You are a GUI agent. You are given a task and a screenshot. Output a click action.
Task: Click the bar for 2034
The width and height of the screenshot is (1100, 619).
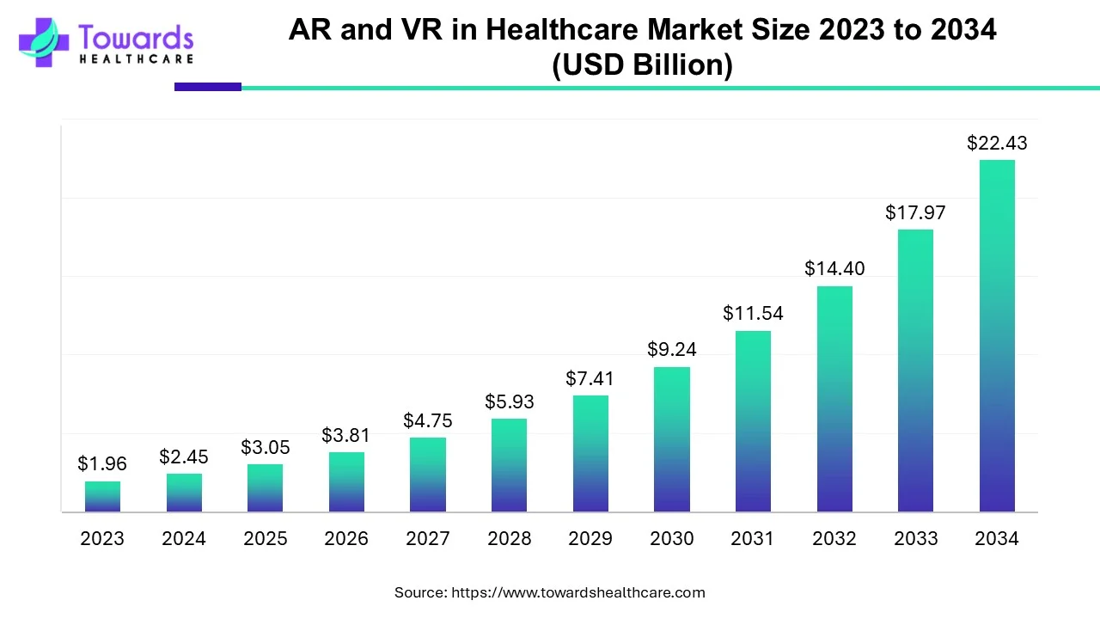pyautogui.click(x=997, y=336)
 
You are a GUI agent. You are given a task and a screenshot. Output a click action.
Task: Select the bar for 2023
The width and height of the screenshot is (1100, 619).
pyautogui.click(x=102, y=497)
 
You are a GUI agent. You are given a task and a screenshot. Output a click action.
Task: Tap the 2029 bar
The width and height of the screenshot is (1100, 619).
pyautogui.click(x=590, y=454)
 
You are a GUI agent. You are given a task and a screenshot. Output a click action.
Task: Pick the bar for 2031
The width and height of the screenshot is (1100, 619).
pyautogui.click(x=753, y=421)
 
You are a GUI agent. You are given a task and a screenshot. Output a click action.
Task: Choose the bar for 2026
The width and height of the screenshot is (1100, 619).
pyautogui.click(x=346, y=482)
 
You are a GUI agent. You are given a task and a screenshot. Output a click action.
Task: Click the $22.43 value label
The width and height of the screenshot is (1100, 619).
pyautogui.click(x=997, y=144)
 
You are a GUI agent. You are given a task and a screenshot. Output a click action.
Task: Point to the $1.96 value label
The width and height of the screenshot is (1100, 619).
pyautogui.click(x=102, y=464)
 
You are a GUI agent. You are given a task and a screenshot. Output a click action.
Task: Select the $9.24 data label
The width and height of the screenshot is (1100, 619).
pyautogui.click(x=672, y=350)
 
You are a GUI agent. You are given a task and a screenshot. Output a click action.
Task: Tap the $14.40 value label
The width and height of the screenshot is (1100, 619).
pyautogui.click(x=834, y=268)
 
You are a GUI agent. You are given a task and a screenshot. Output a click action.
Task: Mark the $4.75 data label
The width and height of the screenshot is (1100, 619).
pyautogui.click(x=428, y=421)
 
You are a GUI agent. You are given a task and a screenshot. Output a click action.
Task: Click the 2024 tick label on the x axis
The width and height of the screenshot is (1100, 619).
pyautogui.click(x=184, y=539)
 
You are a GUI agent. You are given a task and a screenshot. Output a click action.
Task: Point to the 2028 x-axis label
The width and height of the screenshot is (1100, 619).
pyautogui.click(x=510, y=539)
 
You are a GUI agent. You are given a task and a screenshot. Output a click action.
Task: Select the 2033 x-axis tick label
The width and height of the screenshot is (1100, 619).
pyautogui.click(x=916, y=539)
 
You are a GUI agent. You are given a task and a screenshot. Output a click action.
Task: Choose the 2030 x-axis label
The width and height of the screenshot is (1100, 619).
pyautogui.click(x=672, y=539)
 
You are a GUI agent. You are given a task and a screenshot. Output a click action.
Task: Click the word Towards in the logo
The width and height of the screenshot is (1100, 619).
pyautogui.click(x=136, y=37)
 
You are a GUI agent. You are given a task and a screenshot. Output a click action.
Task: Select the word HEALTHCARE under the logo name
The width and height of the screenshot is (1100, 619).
pyautogui.click(x=136, y=59)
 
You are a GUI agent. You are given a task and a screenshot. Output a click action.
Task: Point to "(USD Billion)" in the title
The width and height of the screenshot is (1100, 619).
pyautogui.click(x=642, y=65)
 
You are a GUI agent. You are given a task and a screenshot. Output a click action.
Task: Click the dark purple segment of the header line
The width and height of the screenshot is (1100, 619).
pyautogui.click(x=208, y=87)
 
